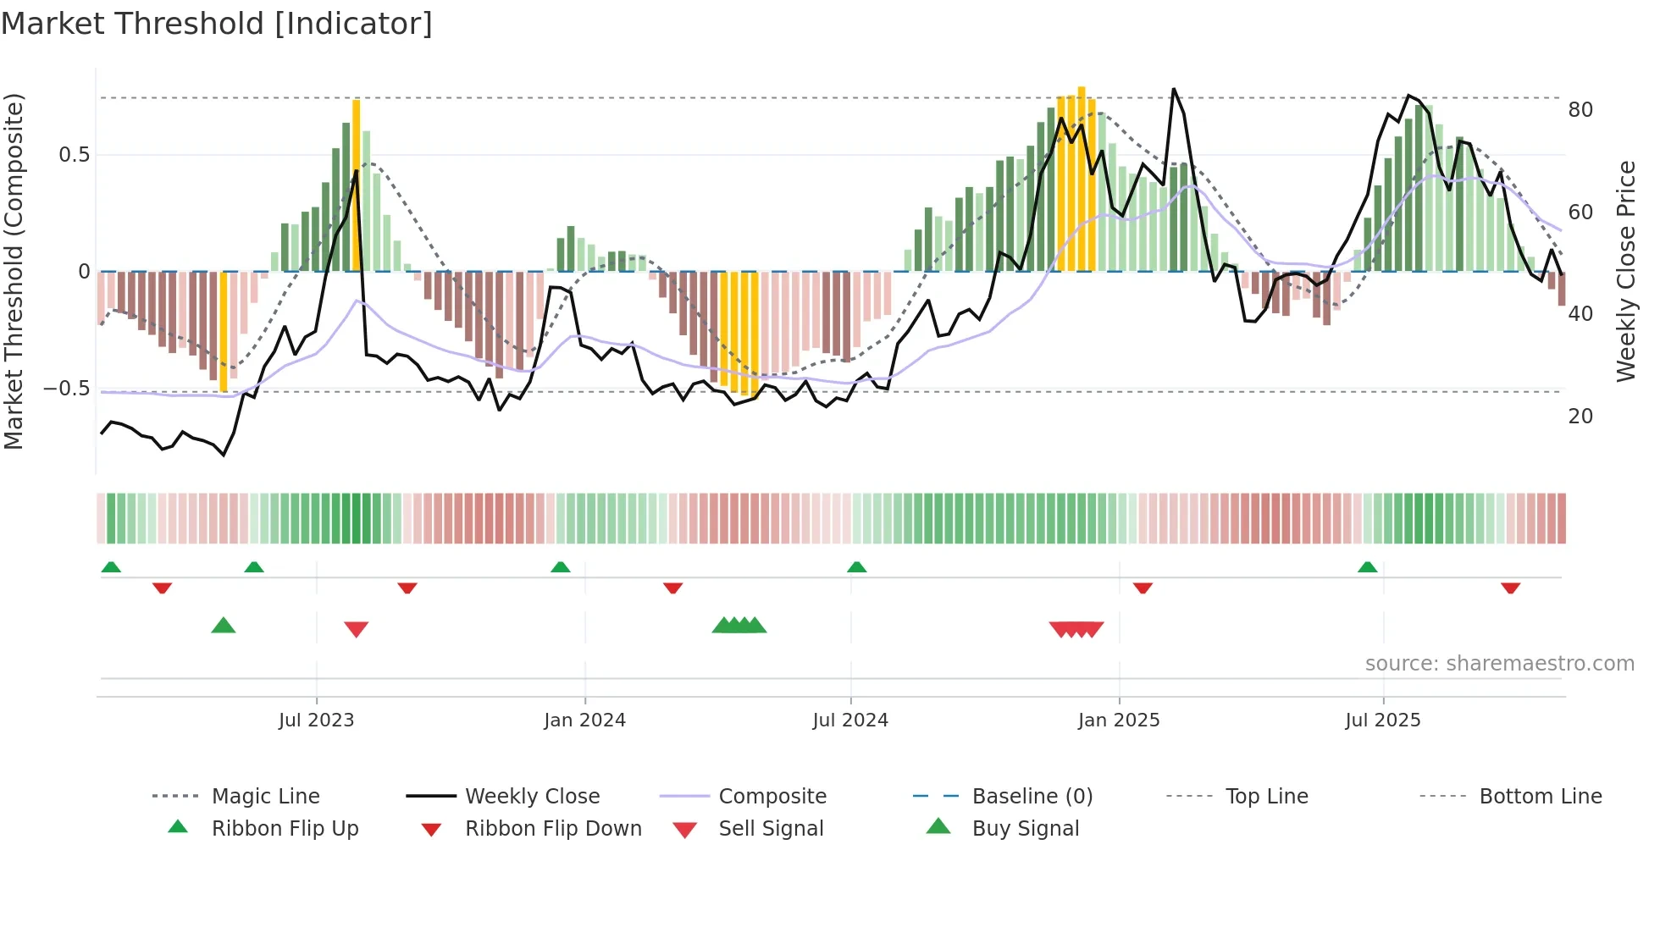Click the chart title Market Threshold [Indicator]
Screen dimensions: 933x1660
(217, 24)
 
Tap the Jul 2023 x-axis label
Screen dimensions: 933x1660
(316, 720)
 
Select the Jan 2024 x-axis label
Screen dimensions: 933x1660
(584, 720)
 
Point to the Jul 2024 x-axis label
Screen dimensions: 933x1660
(850, 720)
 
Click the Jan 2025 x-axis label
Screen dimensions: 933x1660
(1119, 720)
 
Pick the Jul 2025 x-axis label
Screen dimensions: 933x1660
(1383, 720)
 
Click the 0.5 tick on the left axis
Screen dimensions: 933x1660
(74, 155)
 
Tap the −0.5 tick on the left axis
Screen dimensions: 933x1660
(66, 389)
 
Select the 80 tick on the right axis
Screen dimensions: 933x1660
(1580, 110)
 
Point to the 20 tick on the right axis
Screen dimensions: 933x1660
(1580, 417)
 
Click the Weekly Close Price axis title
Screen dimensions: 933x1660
(1625, 271)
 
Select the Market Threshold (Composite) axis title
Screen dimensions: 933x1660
(14, 271)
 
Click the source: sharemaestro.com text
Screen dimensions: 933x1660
(1499, 664)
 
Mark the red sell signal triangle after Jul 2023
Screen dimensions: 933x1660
(357, 629)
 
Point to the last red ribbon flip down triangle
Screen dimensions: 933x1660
(1510, 588)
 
